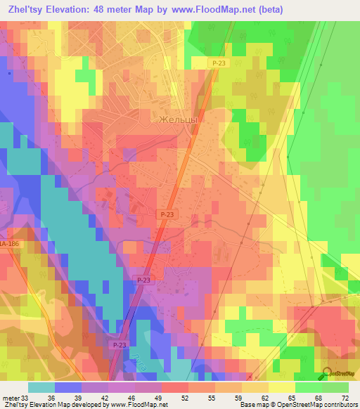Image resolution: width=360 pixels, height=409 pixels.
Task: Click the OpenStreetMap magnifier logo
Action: (328, 374)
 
